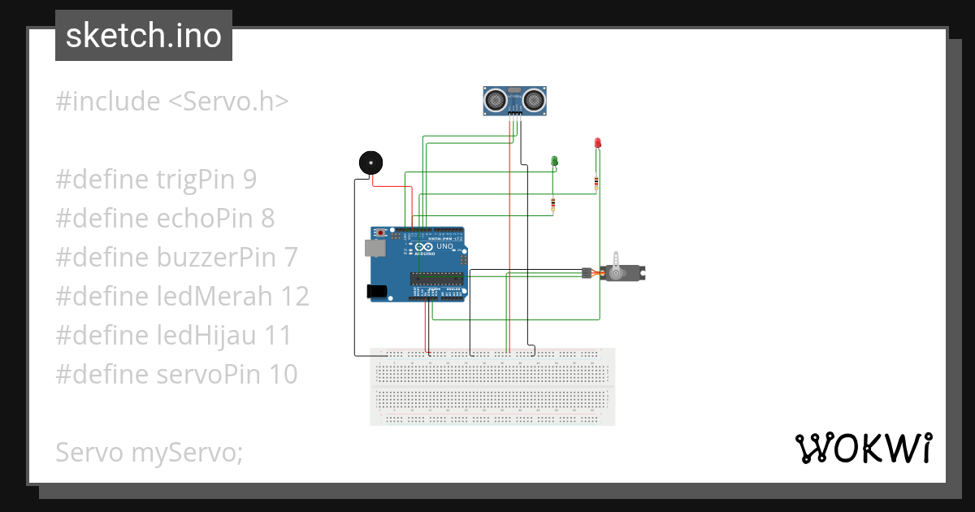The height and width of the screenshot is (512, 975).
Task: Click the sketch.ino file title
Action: [143, 36]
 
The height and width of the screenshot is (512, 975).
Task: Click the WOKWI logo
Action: [862, 449]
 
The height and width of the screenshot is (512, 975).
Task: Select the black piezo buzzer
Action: [370, 162]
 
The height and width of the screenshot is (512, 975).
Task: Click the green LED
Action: [555, 161]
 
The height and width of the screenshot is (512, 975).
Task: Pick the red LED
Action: [597, 143]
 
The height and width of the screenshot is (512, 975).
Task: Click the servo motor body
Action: [622, 272]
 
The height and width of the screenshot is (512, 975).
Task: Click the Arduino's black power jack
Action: [375, 290]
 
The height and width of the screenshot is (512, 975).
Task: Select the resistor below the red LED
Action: [597, 183]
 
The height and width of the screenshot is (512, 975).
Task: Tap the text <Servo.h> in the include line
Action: [228, 102]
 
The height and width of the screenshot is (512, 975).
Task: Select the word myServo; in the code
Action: [187, 453]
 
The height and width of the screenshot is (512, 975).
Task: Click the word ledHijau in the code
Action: [206, 336]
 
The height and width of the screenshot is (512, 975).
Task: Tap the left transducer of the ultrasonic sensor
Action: [495, 100]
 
